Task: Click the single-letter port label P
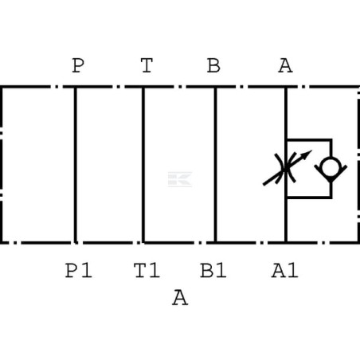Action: coord(78,65)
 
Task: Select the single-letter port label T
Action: coord(147,65)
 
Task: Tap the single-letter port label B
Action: coord(213,65)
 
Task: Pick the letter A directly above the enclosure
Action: coord(285,65)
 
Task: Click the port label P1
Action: coord(79,270)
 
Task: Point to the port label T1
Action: coord(147,270)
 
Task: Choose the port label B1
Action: coord(213,270)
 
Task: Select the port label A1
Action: coord(285,270)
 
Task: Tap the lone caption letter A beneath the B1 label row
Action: coord(180,298)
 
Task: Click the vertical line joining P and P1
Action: coord(76,165)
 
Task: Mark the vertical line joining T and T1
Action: coord(143,165)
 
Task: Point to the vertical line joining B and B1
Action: coord(215,165)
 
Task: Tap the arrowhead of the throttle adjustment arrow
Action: coord(307,154)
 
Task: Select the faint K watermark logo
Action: coord(180,179)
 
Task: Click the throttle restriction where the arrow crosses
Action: coord(286,168)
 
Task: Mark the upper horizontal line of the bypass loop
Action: coord(309,139)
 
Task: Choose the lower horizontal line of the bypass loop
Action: coord(309,197)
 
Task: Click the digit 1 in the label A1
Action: coord(292,270)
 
